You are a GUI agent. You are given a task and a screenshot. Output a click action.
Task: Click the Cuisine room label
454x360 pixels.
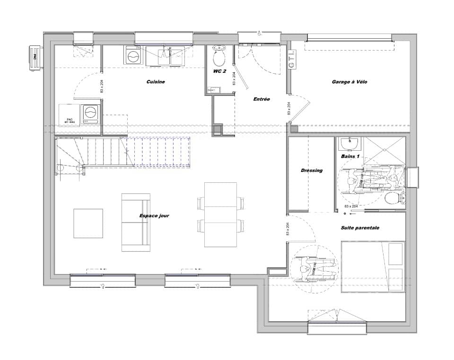[155, 82]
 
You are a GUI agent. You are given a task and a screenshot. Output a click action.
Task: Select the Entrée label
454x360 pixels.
[262, 99]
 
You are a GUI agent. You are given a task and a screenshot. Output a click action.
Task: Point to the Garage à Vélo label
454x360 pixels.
[349, 82]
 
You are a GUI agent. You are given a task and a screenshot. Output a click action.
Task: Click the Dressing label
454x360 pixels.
[312, 171]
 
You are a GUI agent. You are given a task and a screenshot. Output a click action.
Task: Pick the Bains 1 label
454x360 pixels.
[350, 156]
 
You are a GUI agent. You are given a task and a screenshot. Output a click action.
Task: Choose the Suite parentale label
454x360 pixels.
[360, 228]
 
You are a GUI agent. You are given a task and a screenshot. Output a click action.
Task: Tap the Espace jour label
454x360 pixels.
[154, 216]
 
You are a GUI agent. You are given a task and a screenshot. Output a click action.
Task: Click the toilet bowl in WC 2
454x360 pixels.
[219, 57]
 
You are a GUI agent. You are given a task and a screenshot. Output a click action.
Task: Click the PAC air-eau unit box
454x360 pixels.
[70, 115]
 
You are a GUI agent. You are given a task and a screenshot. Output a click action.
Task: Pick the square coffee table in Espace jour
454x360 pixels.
[88, 223]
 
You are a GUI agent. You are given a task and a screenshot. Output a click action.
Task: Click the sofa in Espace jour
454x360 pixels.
[136, 222]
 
